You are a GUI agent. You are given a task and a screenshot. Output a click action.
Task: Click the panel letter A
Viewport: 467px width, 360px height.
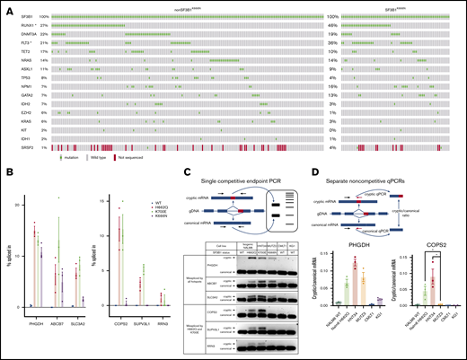click(7, 7)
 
